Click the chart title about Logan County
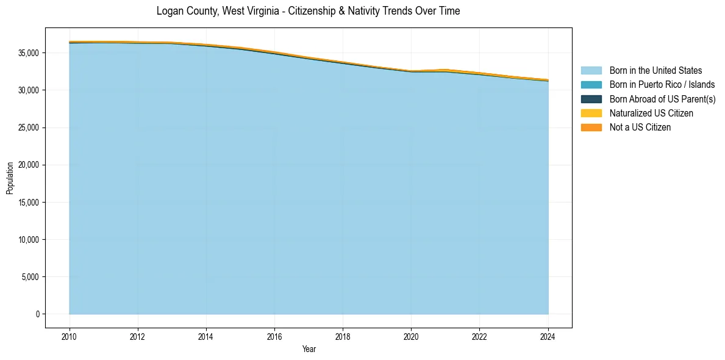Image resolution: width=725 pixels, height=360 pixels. [308, 11]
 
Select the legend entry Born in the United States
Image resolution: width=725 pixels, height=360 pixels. [655, 71]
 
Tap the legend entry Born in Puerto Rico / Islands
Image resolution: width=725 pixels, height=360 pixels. [662, 85]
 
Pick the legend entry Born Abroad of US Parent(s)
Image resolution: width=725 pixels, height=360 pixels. [662, 99]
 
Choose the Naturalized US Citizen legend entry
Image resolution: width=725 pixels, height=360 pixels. [651, 113]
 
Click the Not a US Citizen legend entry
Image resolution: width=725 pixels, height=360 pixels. [640, 128]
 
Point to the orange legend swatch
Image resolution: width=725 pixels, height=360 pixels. [591, 128]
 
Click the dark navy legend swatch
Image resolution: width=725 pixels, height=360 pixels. [591, 99]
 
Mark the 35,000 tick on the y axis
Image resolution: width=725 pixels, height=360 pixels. [29, 53]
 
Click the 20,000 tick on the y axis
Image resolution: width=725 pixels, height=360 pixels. [29, 165]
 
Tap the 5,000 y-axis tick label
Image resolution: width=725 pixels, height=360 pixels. [31, 277]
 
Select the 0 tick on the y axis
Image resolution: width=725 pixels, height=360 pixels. [37, 314]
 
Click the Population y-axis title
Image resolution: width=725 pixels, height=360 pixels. [10, 178]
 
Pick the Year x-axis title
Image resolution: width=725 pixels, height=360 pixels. [309, 349]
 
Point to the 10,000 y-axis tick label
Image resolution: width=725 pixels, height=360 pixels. [29, 240]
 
